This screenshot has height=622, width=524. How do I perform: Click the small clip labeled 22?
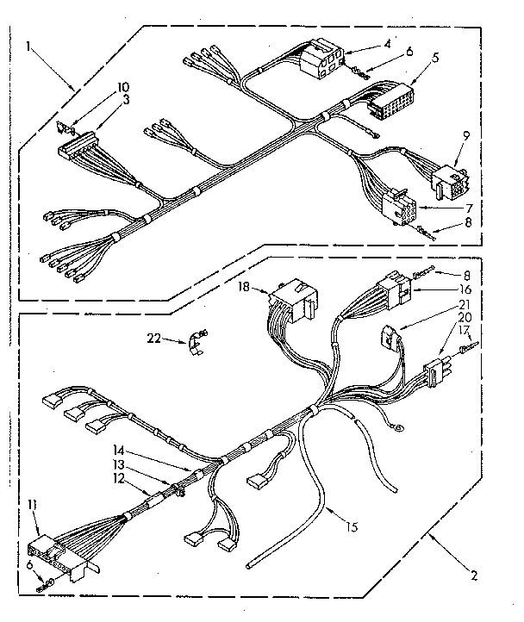point(196,339)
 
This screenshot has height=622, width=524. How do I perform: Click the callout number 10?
point(123,87)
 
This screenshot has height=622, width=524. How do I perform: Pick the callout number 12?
point(119,478)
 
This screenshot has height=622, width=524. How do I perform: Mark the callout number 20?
point(465,316)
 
